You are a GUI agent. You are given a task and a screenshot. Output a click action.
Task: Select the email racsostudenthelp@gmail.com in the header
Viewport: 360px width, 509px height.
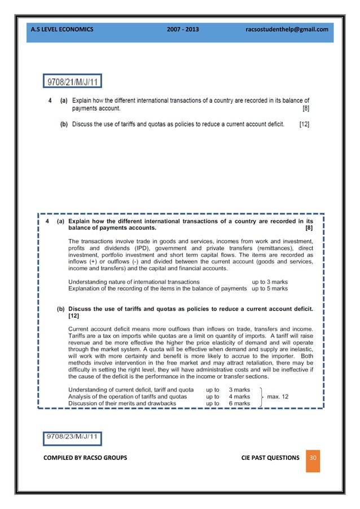tap(287, 29)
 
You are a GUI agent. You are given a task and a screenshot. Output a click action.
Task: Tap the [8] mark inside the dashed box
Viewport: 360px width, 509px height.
tap(308, 229)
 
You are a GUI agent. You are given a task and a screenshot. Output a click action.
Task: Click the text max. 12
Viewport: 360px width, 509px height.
tap(278, 397)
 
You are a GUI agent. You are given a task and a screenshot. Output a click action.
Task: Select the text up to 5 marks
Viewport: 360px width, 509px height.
tap(270, 288)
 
